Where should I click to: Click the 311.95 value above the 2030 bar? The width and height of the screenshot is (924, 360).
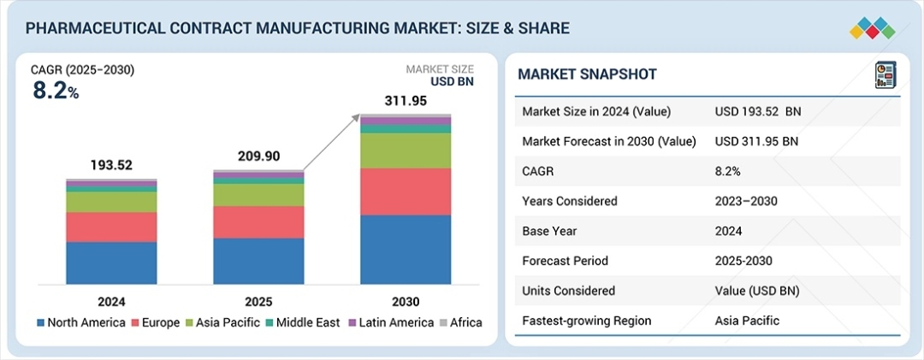[405, 102]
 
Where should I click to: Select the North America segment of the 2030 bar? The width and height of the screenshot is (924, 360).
[406, 249]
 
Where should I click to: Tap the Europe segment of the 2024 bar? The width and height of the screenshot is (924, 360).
[111, 227]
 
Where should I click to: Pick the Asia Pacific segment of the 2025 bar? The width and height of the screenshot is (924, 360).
[258, 195]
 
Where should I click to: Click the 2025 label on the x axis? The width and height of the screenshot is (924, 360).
[258, 301]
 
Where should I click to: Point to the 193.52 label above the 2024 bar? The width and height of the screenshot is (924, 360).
[111, 165]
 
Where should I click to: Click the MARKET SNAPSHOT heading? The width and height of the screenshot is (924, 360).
[587, 74]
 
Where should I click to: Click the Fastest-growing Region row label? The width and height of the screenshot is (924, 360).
[586, 321]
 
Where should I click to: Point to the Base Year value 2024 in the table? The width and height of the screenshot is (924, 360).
[729, 231]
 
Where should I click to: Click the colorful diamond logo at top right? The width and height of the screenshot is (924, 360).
[872, 27]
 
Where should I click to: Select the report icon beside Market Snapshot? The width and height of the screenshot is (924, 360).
[884, 74]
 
